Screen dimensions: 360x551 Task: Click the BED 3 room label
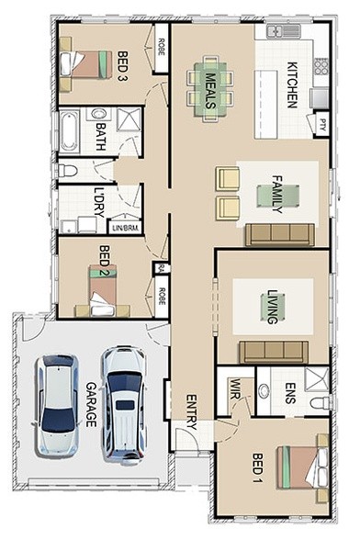[122, 66]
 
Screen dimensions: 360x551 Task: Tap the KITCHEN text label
[292, 84]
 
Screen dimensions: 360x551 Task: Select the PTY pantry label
[322, 125]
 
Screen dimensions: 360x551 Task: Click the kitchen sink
[283, 31]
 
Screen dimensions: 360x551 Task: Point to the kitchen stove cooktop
[321, 67]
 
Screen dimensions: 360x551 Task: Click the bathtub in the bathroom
[69, 130]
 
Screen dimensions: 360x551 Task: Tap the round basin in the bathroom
[98, 114]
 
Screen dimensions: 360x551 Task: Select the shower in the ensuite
[317, 378]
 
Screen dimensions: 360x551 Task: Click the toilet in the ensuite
[321, 402]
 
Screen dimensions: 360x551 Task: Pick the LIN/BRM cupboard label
[126, 228]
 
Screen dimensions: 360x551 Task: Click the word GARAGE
[91, 404]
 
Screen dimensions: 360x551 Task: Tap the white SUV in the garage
[123, 404]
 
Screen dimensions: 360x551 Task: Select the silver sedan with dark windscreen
[57, 405]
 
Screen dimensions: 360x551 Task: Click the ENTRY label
[191, 412]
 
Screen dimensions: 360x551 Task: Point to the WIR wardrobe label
[234, 389]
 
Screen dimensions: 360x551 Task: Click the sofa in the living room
[274, 352]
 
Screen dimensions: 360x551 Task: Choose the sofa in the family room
[280, 235]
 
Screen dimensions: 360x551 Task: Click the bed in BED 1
[303, 467]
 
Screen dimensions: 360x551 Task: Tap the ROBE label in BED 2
[162, 297]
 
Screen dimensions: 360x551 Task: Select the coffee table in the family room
[278, 197]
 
